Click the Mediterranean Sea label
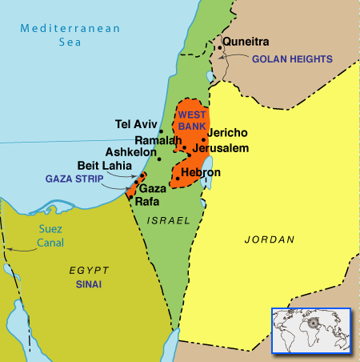70,34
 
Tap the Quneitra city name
246,42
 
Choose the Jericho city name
227,133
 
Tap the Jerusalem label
222,148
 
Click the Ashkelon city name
130,152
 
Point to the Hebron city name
202,172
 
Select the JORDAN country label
269,239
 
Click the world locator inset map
311,330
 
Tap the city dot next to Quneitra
218,48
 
